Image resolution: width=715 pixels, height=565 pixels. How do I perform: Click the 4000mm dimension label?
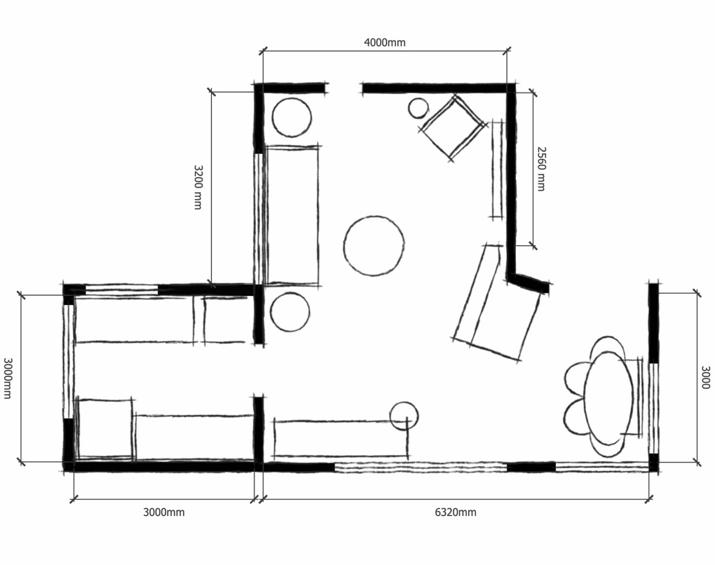click(x=384, y=42)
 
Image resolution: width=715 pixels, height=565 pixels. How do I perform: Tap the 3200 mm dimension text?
click(x=198, y=187)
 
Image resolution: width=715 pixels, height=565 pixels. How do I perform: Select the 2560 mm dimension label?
click(x=541, y=168)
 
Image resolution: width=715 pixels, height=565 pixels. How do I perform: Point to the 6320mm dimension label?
click(x=455, y=512)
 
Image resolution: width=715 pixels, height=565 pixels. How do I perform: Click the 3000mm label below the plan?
click(x=164, y=512)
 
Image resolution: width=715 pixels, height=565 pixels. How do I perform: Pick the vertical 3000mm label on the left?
click(x=8, y=378)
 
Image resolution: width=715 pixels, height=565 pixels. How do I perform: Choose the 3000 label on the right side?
click(x=705, y=377)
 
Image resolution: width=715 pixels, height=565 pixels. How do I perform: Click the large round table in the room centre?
click(x=374, y=246)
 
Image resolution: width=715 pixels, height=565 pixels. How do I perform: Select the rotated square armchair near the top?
click(x=452, y=127)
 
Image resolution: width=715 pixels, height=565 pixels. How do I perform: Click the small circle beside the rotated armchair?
click(x=418, y=108)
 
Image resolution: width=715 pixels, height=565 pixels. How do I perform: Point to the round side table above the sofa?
click(x=292, y=117)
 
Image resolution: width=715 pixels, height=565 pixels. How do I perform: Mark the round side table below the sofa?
click(x=290, y=312)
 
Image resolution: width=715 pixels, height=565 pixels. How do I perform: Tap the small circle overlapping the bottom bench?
click(x=404, y=416)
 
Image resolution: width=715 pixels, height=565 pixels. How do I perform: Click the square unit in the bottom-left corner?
click(x=106, y=428)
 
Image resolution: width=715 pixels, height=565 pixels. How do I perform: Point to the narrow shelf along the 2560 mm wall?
click(x=498, y=170)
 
